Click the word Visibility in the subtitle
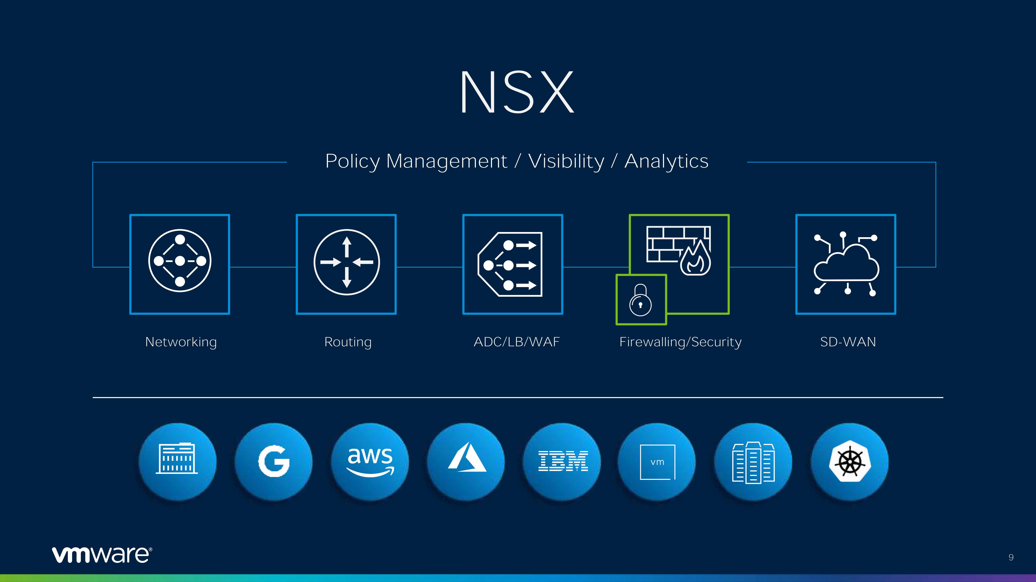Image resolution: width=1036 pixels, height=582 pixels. click(x=566, y=161)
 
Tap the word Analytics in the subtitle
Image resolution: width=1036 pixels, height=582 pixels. click(x=666, y=161)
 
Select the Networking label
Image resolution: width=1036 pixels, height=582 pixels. click(x=181, y=342)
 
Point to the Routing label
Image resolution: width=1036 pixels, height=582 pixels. click(x=348, y=342)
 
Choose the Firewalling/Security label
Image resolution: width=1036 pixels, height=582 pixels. click(x=681, y=342)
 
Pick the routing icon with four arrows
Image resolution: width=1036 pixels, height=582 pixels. click(x=347, y=262)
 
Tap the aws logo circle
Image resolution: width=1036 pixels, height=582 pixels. click(x=370, y=462)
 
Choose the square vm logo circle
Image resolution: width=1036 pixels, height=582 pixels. click(x=657, y=462)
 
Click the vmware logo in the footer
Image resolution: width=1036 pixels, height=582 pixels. click(x=102, y=554)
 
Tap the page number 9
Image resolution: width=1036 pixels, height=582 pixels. click(x=1011, y=557)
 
